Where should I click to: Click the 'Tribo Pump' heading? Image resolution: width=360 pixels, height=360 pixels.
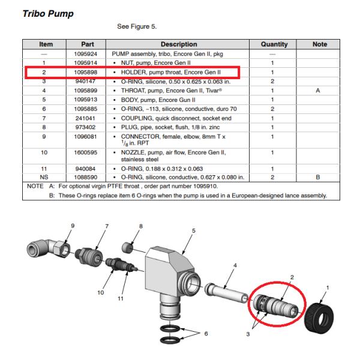coord(48,14)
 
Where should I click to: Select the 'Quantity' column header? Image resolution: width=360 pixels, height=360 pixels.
coord(274,44)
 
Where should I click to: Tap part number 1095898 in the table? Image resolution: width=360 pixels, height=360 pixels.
coord(86,73)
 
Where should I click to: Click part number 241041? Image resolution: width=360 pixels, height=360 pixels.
coord(85,118)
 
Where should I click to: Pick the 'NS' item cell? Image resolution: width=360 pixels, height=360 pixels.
coord(44,177)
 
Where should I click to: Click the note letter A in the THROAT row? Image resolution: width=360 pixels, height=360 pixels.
coord(318,91)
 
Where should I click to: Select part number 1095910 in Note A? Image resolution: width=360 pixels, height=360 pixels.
coord(205,186)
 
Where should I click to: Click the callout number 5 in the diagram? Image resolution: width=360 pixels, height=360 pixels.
coord(194,230)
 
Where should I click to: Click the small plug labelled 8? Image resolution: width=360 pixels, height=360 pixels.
coord(127,248)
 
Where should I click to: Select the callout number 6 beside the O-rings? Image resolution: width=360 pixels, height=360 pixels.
coord(206,334)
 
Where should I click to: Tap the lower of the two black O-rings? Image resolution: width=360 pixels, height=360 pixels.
coord(170,340)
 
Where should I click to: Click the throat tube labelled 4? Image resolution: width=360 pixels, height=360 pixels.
coord(226,293)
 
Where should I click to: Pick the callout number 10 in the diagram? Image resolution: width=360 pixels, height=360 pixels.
coord(101,293)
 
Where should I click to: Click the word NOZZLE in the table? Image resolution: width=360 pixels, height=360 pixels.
coord(133,152)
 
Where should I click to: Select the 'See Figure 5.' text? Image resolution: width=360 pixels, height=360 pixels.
coord(137,26)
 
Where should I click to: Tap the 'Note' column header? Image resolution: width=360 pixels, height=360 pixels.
coord(320,44)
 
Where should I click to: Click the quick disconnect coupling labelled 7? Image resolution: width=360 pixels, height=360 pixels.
coord(89,257)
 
